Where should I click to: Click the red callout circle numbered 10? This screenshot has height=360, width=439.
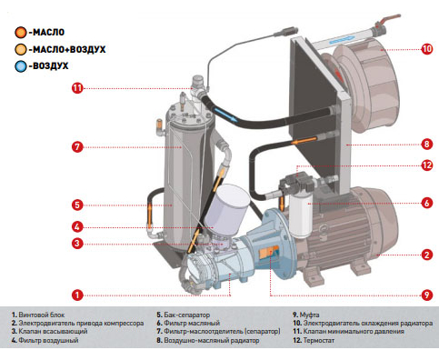point(426,49)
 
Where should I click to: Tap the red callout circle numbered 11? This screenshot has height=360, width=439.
point(77,88)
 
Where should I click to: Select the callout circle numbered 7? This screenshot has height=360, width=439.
point(77,147)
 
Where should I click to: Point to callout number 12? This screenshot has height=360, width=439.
point(426,165)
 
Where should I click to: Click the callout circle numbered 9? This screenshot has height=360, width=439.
point(426,295)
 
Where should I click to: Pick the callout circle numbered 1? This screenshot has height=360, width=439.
point(77,295)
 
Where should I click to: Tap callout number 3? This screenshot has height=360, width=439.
point(77,243)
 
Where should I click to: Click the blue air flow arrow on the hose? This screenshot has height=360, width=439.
point(225,115)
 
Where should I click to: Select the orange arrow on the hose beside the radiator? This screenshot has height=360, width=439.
point(304,140)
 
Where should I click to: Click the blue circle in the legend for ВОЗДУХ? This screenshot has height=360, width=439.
point(21,66)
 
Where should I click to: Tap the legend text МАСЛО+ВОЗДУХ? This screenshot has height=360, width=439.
point(67,49)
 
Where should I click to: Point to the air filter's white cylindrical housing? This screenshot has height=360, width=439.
point(227,208)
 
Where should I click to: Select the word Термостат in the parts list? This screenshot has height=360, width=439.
point(318,340)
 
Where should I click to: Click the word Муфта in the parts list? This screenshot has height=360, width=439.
point(309,315)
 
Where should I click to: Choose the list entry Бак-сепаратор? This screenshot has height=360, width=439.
point(184,315)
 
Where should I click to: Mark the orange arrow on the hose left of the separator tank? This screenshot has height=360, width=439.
point(150,215)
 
